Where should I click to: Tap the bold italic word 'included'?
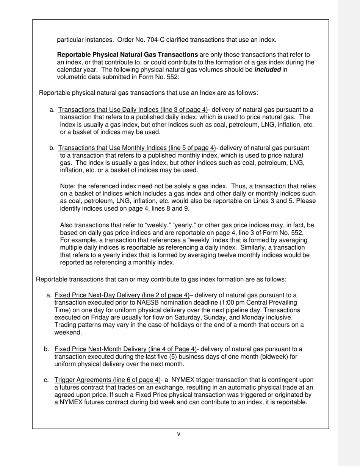(268, 70)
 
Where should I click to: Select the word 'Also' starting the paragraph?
(67, 225)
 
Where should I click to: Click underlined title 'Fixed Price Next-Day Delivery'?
(122, 295)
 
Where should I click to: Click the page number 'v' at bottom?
(179, 434)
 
